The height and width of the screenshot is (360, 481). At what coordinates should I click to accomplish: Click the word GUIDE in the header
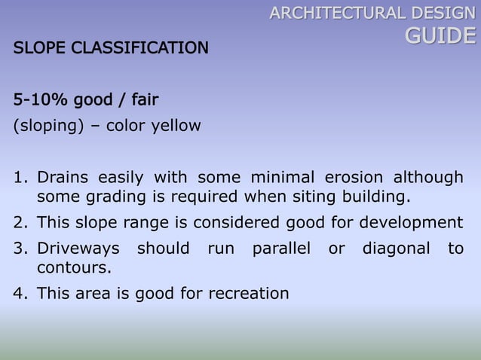coord(441,36)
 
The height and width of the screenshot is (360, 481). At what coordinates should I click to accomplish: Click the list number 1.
coord(19,178)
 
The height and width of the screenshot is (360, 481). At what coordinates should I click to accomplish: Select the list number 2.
coord(19,222)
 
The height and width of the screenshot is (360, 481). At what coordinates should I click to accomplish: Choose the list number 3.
coord(19,248)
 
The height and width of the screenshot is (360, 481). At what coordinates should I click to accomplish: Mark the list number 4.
coord(19,292)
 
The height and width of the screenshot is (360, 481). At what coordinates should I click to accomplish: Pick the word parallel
coord(279,248)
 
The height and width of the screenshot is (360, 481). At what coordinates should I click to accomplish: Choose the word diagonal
coord(397,248)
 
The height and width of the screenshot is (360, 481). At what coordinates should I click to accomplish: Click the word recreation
coord(245,292)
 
